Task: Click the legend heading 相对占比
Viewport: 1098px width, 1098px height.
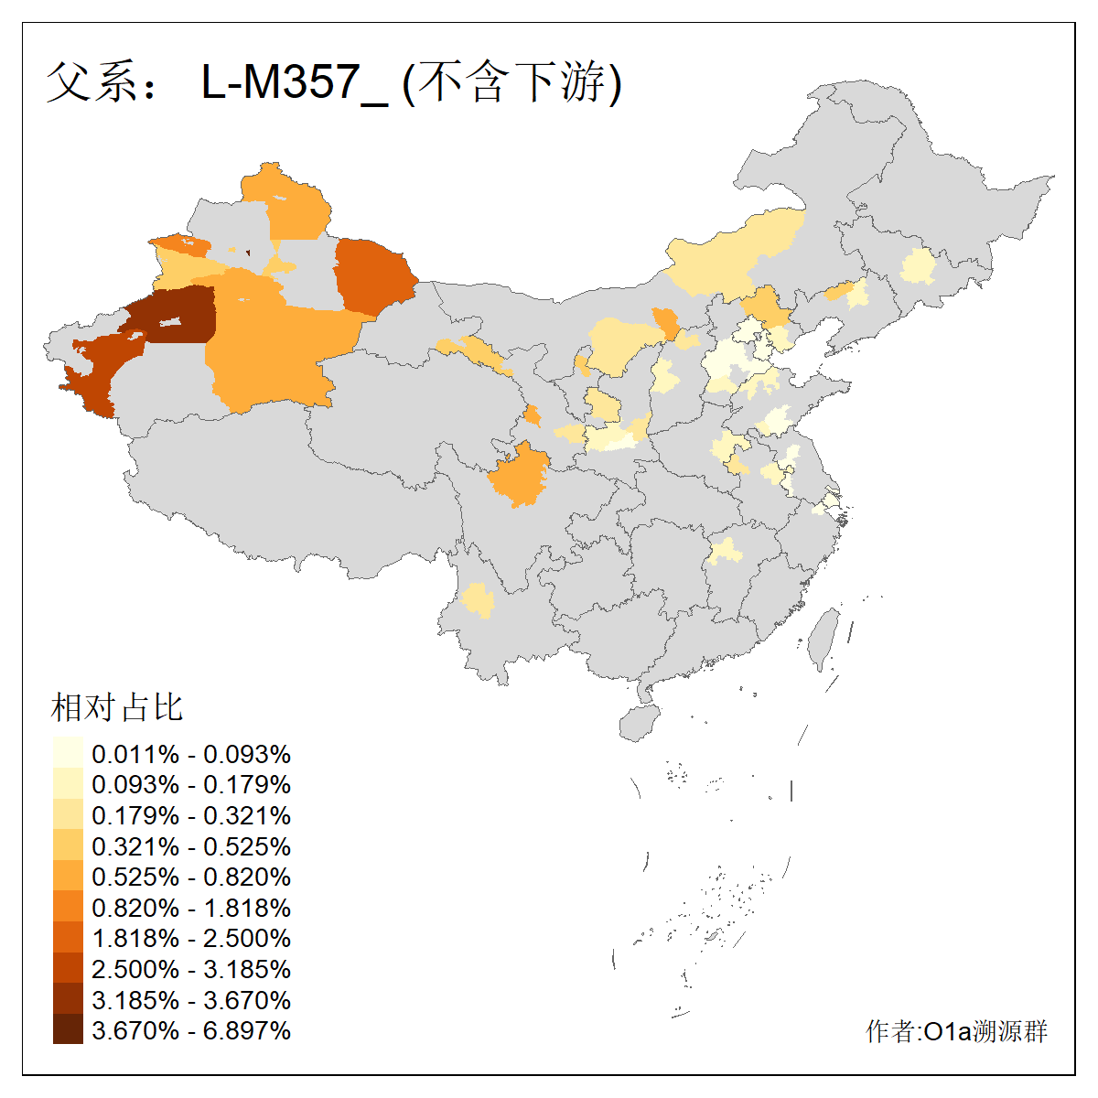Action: pos(117,707)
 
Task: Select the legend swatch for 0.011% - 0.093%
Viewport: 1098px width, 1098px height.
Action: pos(68,753)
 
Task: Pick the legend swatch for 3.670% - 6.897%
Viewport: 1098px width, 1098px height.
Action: pos(68,1029)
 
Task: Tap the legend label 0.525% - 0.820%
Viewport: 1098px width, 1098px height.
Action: pos(191,877)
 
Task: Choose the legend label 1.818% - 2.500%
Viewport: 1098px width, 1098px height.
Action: pos(191,938)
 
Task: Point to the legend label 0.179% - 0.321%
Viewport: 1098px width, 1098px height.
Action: pos(191,815)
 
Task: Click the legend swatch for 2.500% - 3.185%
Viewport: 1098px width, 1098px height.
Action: pos(68,968)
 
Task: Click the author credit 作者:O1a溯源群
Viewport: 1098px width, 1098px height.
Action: pos(956,1031)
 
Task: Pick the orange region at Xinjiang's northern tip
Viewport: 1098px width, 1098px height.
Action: pos(288,201)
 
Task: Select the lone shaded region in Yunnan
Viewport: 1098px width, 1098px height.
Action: pos(477,600)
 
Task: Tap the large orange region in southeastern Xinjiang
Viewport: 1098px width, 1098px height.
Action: pos(274,348)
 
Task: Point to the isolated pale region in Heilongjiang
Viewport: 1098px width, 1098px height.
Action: pos(918,267)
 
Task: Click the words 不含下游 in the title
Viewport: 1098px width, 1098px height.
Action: pos(512,83)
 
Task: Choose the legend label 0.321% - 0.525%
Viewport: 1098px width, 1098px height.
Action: pos(191,845)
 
